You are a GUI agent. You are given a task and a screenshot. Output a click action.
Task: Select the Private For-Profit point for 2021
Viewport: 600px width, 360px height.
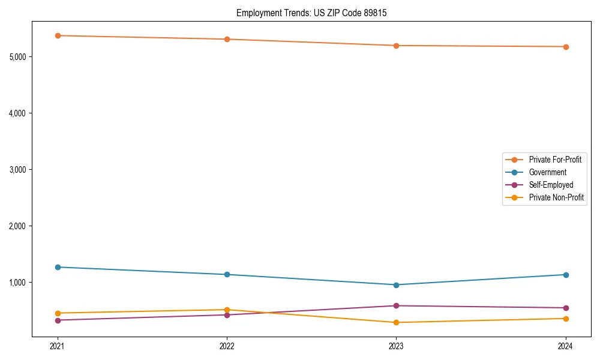(x=58, y=35)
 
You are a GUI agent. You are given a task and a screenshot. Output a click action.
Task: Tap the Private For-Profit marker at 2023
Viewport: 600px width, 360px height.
(x=396, y=46)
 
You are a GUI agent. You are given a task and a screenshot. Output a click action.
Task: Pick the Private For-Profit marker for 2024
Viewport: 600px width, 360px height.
(x=566, y=47)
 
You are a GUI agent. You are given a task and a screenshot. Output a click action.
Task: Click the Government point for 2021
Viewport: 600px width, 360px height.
(x=58, y=267)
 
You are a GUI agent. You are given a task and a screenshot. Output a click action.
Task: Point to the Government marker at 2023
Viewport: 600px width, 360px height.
(x=396, y=285)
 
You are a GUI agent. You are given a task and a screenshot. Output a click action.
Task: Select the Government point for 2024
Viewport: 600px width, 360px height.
(x=566, y=275)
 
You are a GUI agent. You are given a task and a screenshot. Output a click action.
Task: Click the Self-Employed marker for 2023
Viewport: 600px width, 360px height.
(x=396, y=306)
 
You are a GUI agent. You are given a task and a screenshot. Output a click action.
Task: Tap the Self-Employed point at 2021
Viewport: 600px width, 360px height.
(x=58, y=320)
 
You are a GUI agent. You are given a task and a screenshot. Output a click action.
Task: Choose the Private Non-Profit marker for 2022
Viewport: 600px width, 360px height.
(x=227, y=310)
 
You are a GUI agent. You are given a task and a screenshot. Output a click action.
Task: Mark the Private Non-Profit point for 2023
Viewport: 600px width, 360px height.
(x=396, y=323)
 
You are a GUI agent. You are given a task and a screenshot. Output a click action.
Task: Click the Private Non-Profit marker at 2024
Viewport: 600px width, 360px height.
(x=566, y=319)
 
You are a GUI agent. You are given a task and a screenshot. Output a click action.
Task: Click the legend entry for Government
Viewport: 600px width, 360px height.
(x=547, y=172)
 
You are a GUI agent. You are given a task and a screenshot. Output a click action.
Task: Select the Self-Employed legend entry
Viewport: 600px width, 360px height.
(x=551, y=185)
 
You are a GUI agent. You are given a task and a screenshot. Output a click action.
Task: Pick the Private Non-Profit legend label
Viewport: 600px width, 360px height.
(x=556, y=197)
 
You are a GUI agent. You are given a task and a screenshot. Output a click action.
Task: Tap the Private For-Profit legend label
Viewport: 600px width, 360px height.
(x=555, y=160)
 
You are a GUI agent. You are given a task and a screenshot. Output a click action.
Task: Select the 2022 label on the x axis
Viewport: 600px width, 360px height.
(x=227, y=346)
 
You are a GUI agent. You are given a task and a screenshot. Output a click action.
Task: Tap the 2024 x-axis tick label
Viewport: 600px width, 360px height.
(x=566, y=346)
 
